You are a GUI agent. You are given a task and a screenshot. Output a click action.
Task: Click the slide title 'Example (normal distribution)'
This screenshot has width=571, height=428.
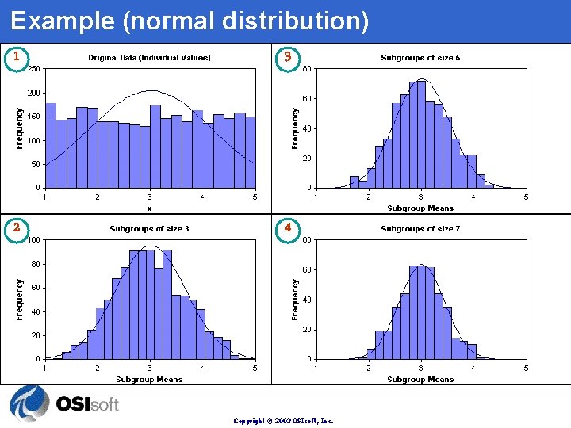click(x=190, y=21)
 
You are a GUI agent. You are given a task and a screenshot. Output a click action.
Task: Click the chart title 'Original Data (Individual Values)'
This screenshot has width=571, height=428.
click(x=149, y=58)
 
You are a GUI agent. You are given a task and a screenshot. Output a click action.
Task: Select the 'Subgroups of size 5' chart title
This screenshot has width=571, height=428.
click(x=420, y=58)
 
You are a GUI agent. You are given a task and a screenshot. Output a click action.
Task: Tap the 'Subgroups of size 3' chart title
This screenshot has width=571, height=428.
click(x=149, y=229)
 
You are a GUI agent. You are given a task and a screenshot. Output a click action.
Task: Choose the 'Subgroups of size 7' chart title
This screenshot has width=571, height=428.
click(x=420, y=229)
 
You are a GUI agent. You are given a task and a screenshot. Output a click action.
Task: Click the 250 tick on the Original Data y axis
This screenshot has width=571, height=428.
click(x=34, y=69)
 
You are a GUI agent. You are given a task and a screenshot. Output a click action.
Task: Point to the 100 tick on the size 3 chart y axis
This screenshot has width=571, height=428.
click(x=34, y=240)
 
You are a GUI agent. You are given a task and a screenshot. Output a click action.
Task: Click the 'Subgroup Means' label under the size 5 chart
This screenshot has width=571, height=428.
click(x=420, y=208)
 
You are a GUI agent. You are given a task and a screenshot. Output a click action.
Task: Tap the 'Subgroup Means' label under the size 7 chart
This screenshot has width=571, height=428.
click(x=420, y=380)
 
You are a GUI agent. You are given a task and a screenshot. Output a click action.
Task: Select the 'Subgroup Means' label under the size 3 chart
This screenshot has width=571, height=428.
click(x=149, y=380)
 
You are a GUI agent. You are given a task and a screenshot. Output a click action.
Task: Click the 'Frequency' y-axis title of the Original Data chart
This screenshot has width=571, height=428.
click(x=20, y=128)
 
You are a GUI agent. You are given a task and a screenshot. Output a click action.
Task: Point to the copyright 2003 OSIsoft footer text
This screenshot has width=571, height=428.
click(x=283, y=421)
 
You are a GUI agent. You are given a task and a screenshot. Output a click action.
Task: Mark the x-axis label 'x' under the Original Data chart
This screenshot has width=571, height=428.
click(x=149, y=208)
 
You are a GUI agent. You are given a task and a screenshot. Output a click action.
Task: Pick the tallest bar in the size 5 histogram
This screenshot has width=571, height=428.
click(x=417, y=135)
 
